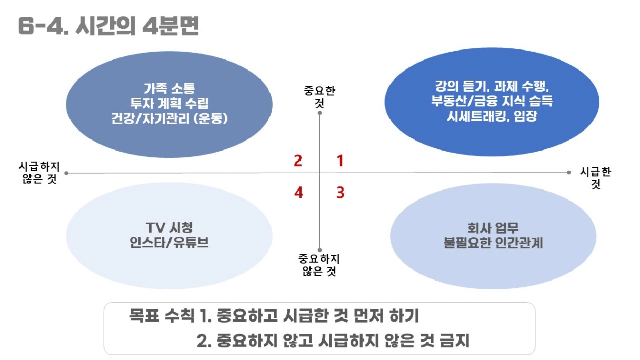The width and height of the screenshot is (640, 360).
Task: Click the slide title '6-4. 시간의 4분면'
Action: coord(108,26)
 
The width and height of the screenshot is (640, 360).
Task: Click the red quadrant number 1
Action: coord(340,161)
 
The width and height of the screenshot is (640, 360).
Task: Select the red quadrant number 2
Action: coord(298,161)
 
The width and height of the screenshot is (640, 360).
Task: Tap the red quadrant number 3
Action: coord(341,193)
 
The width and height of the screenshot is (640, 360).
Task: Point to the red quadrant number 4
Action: coord(298,193)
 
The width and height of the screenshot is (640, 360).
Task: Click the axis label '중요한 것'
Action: coord(319,97)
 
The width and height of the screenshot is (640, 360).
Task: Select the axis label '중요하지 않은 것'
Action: coord(319,265)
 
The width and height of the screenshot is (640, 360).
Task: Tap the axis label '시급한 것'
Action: coord(595,178)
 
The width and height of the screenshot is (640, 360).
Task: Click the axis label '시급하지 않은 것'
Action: coord(39,172)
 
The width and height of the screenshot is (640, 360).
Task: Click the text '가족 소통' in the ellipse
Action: coord(169,88)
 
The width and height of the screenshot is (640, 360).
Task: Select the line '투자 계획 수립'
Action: coord(169,103)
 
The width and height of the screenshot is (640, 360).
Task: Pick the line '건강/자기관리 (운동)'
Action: coord(169,118)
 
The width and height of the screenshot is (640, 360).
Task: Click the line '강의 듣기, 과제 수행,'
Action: coord(492,86)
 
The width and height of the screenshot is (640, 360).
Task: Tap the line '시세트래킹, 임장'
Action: coord(492,116)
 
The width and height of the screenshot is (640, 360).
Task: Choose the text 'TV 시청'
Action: coord(169,228)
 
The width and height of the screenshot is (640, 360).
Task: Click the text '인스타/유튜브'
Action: coord(169,243)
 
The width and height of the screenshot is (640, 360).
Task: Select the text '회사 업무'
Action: coord(493,228)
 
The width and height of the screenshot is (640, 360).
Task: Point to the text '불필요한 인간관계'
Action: coord(493,243)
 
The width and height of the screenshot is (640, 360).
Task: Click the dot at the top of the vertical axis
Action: coord(319,113)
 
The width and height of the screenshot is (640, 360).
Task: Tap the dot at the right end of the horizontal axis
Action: coord(568,172)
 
